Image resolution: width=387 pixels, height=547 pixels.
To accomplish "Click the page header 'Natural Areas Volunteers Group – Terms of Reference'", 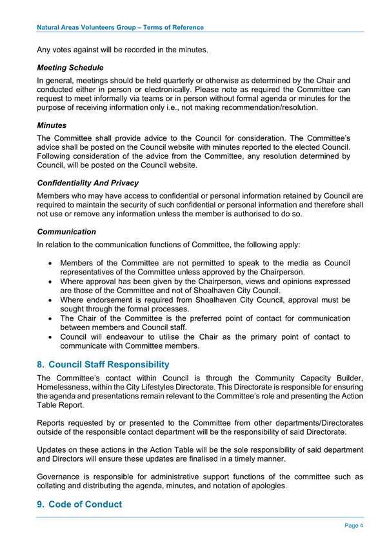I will tap(121, 27).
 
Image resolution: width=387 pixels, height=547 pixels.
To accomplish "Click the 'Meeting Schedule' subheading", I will tap(70, 67).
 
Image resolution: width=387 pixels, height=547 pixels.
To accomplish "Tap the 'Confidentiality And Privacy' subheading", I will tap(88, 183).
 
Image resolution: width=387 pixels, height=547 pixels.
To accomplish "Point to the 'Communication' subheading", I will tap(67, 231).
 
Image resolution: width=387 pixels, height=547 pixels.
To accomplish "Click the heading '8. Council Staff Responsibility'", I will tap(103, 364).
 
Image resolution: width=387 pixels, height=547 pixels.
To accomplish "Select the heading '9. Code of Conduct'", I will tap(80, 504).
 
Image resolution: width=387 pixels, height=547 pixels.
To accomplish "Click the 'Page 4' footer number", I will tap(353, 525).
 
